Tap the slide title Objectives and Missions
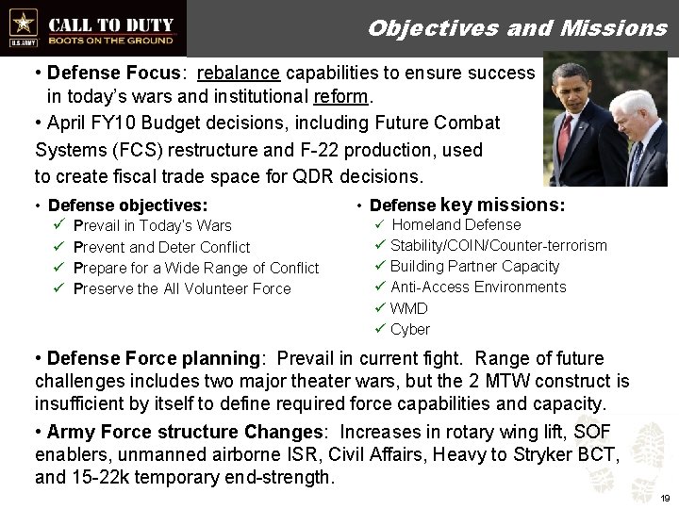pos(517,27)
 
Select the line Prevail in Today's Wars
pos(152,225)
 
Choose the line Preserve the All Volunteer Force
pos(182,288)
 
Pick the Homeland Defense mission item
pos(455,224)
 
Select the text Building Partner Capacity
pos(474,266)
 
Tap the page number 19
pos(664,497)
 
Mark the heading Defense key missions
pos(468,205)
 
